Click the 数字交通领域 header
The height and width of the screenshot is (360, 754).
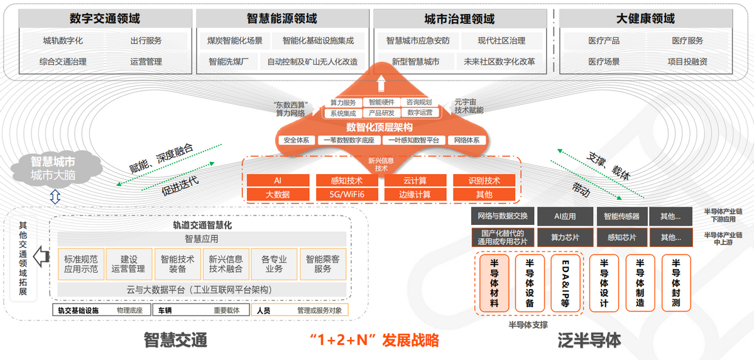pos(105,18)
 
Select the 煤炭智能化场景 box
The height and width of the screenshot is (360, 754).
pos(235,41)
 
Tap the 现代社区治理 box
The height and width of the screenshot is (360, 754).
pos(501,41)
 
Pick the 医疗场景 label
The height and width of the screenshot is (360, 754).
pos(604,62)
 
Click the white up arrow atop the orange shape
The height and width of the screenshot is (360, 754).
pos(381,83)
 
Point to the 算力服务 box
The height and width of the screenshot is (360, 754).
pos(342,102)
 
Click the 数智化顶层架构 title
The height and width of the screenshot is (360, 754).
pos(380,127)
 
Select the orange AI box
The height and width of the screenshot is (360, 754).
pos(278,180)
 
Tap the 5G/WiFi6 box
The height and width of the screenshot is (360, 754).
pos(347,194)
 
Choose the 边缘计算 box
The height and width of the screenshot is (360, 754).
pos(415,194)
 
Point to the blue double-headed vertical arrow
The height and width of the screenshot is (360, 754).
pos(55,197)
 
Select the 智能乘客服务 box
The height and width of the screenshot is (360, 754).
pos(322,264)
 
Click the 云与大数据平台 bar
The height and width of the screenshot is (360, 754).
pos(202,290)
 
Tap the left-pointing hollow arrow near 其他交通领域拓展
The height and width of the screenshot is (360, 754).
pos(41,256)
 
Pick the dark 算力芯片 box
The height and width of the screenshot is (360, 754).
pos(565,237)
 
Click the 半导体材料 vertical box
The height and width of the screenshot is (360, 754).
pos(494,283)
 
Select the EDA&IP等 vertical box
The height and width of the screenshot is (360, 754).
pos(565,283)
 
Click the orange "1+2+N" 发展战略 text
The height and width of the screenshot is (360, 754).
pos(374,340)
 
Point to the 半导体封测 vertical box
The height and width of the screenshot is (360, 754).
pos(676,283)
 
